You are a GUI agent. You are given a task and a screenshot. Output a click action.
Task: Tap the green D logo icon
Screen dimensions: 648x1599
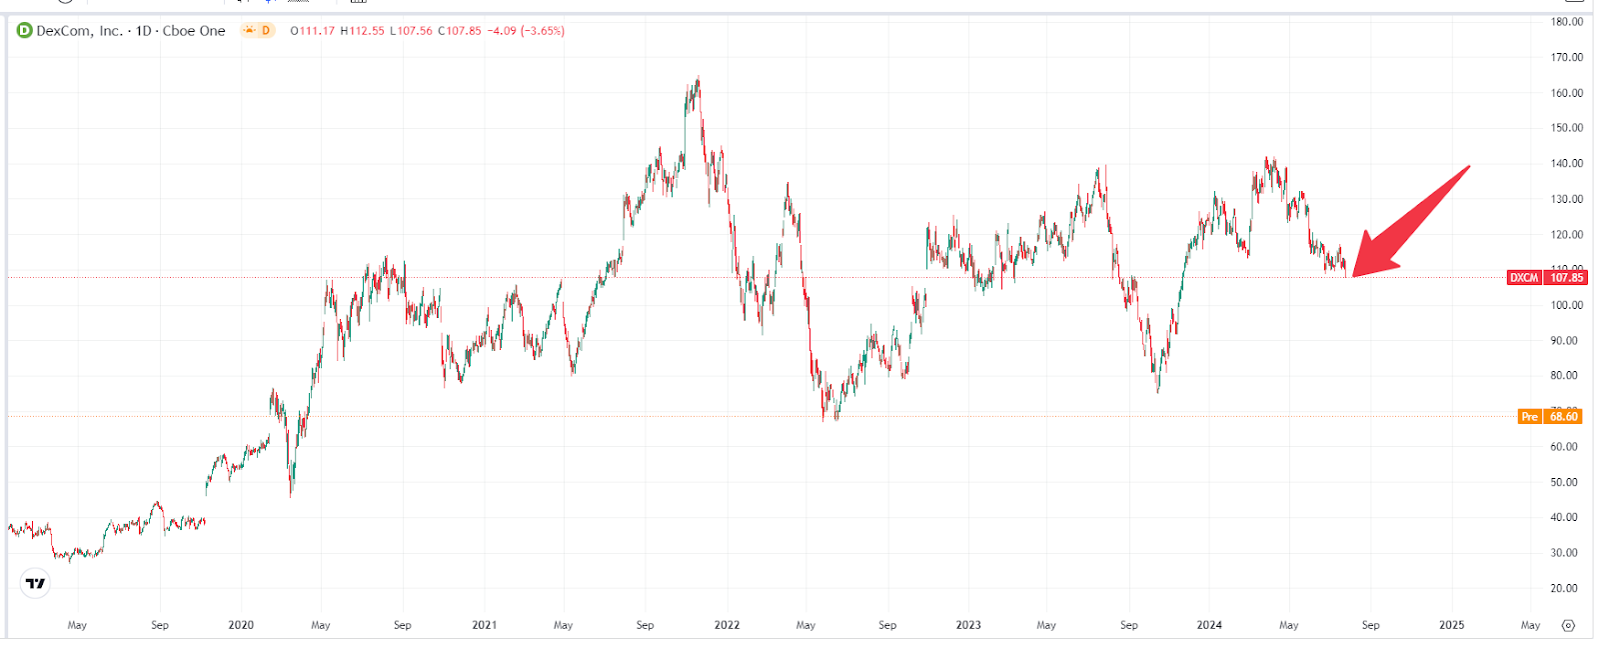pos(25,31)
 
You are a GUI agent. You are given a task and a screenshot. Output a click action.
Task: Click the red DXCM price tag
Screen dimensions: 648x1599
pos(1546,277)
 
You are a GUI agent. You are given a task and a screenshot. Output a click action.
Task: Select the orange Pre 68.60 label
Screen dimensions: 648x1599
pos(1549,416)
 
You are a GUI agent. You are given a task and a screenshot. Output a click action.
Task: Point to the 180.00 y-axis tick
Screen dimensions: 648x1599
pos(1566,21)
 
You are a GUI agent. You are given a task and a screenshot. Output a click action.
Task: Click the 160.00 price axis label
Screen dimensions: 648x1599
pos(1566,93)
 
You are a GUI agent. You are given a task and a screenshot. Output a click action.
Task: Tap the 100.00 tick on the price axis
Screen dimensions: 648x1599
pos(1566,305)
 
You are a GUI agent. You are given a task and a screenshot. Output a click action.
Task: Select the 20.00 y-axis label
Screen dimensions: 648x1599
pos(1564,588)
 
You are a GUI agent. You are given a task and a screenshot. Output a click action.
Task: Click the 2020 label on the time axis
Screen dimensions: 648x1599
pos(241,625)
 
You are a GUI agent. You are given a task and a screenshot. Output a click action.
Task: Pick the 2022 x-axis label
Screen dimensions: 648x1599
pos(727,625)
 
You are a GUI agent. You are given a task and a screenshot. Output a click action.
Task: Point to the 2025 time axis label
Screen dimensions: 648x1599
pos(1451,625)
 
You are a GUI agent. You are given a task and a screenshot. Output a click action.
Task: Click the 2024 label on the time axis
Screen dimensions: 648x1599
pos(1209,625)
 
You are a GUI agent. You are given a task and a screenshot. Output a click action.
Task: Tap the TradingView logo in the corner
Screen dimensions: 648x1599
pos(36,583)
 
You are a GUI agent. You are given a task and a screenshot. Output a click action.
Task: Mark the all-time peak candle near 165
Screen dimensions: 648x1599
pos(698,80)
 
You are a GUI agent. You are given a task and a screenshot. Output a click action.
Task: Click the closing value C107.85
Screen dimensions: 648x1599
pos(460,31)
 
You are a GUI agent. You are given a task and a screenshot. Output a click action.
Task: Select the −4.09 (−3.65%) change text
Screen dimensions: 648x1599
pos(526,31)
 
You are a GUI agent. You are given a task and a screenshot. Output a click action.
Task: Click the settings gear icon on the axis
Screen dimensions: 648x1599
pos(1568,626)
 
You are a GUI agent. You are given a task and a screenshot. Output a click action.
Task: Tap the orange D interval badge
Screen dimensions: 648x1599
pos(259,31)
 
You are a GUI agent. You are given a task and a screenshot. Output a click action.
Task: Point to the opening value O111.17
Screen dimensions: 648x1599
pos(313,31)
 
